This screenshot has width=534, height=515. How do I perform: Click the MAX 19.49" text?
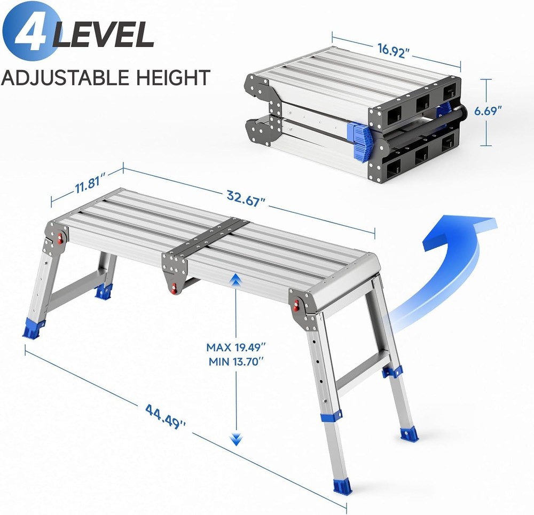point(235,347)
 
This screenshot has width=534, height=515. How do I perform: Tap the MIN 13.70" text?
point(235,361)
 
